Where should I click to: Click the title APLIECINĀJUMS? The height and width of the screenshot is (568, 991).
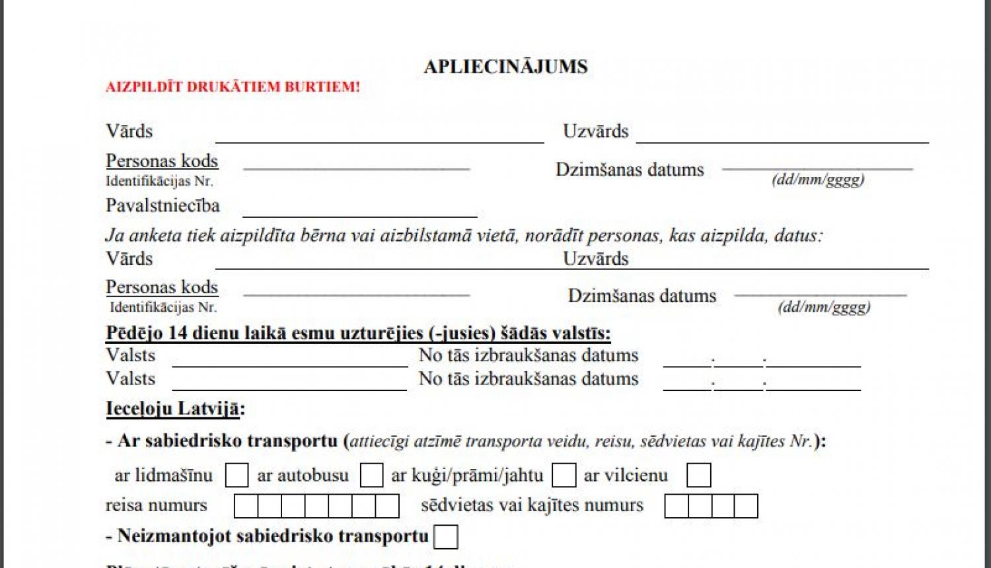(x=505, y=67)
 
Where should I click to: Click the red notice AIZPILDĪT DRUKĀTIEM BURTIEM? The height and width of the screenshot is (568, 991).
(x=233, y=87)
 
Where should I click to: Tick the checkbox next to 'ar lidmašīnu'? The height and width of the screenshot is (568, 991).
(x=237, y=476)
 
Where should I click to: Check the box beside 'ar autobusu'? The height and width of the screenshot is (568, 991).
(x=371, y=476)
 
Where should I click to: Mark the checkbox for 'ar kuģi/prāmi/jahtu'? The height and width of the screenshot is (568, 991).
(x=564, y=476)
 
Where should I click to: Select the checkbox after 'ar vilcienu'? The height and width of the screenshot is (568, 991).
(x=698, y=476)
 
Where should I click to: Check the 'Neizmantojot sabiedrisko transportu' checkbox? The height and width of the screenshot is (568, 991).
(x=446, y=537)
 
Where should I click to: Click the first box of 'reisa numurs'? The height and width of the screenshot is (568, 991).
(x=246, y=507)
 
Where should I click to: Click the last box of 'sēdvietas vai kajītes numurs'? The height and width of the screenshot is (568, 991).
(x=746, y=507)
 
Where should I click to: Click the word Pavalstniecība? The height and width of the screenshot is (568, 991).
(x=163, y=206)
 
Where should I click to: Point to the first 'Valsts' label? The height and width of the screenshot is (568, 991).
(x=131, y=355)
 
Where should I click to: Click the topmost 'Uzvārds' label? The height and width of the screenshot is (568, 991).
(x=595, y=131)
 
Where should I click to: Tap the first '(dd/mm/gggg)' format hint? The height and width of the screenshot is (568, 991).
(x=817, y=180)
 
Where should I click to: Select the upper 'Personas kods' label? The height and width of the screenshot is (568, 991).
(x=162, y=161)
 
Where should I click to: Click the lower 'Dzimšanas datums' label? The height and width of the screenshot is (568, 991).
(x=642, y=296)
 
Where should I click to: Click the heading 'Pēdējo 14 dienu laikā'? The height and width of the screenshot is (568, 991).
(x=358, y=333)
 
